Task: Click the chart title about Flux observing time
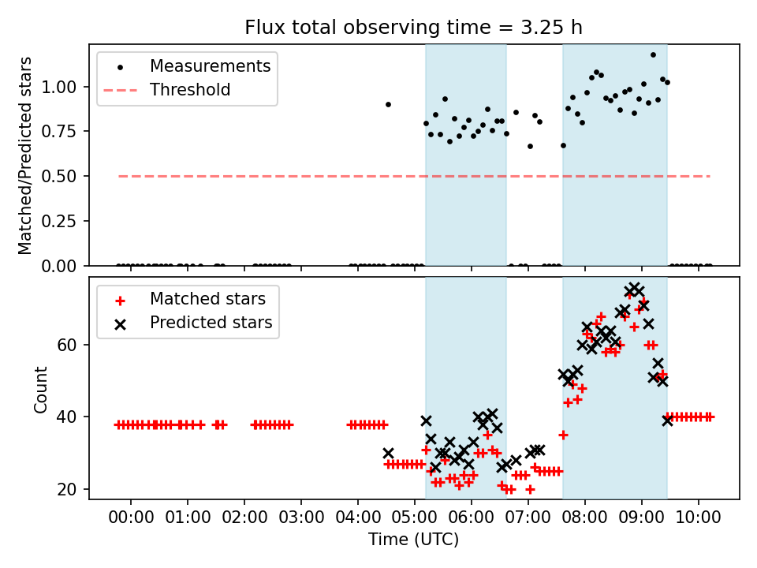point(413,28)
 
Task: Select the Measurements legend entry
point(210,65)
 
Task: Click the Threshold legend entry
point(190,90)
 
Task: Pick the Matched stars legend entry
point(207,299)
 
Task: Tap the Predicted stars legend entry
point(211,322)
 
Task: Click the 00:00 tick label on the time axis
point(131,518)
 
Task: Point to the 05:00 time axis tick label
point(415,518)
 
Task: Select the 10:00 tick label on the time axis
point(699,518)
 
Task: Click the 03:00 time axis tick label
point(301,518)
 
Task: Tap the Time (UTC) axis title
point(413,540)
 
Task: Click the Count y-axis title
point(41,389)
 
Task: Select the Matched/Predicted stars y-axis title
point(25,155)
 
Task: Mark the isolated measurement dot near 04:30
point(388,104)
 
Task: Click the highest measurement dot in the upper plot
point(653,54)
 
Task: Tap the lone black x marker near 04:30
point(388,453)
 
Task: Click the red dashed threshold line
point(315,176)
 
